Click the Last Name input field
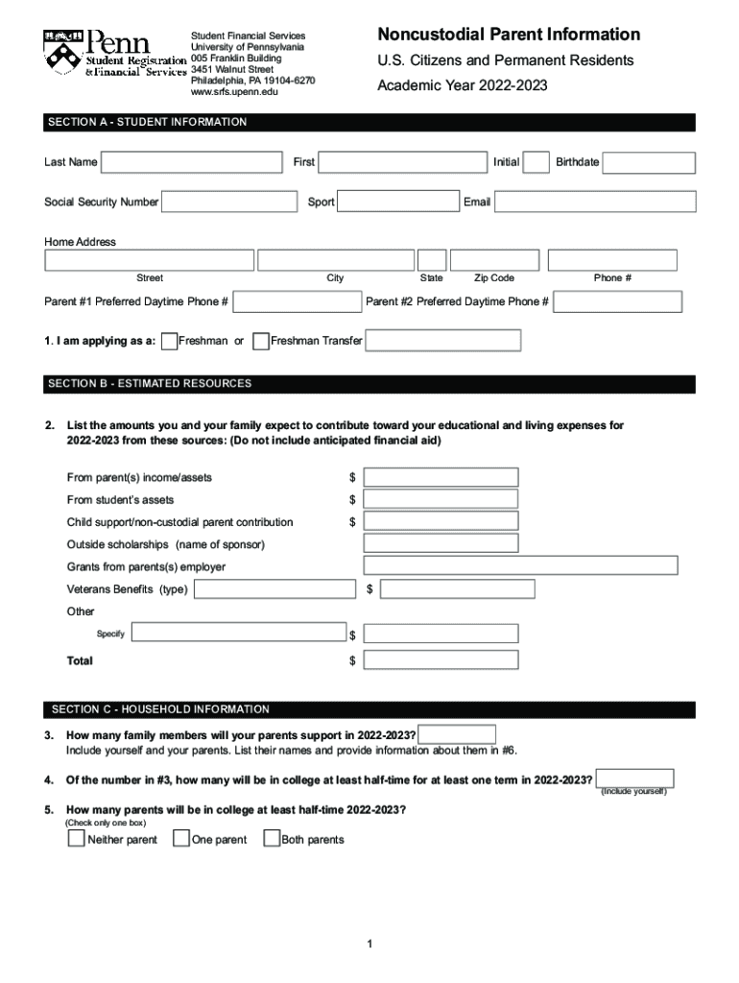pos(192,162)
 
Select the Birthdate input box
pos(649,162)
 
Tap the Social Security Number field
pos(229,202)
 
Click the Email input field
pos(595,202)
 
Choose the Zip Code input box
pos(495,260)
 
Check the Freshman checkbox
pos(170,341)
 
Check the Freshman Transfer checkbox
pos(260,341)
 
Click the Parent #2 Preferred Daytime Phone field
pos(618,301)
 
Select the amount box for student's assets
pos(441,499)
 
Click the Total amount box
pos(441,660)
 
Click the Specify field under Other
pos(239,632)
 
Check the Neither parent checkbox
pos(76,839)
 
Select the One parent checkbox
pos(180,839)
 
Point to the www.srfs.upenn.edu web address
pos(234,92)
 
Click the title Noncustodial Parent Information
pos(509,35)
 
